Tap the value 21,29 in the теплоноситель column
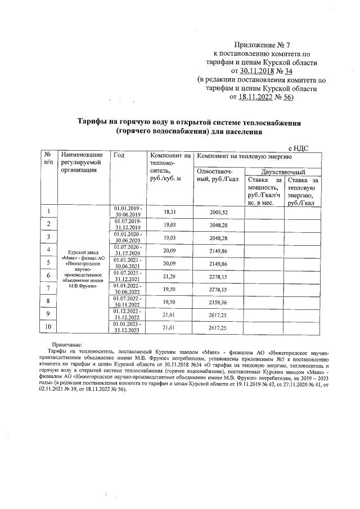tap(170, 276)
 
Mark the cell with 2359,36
tap(218, 302)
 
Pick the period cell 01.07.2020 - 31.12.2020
tap(128, 250)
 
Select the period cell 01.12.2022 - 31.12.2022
tap(128, 314)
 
